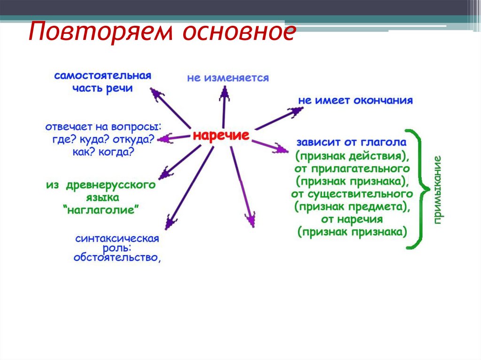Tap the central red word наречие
click(221, 136)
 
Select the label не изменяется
click(228, 78)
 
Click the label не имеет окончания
click(355, 100)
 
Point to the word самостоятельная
click(102, 76)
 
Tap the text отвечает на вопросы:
click(103, 127)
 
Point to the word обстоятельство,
click(117, 257)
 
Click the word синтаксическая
click(117, 238)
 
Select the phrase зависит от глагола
click(351, 142)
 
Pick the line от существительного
click(352, 193)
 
